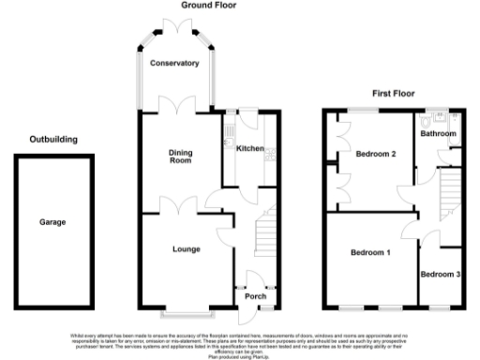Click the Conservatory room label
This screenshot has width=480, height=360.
(175, 63)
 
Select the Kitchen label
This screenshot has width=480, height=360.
(247, 149)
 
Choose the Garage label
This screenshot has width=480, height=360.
(52, 222)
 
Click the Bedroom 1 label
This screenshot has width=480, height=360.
(371, 252)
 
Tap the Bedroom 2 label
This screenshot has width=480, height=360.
(376, 154)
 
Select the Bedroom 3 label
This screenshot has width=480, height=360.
(440, 274)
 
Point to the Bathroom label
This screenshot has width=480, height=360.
(437, 134)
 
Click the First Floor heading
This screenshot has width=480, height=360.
(393, 96)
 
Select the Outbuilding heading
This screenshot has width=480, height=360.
(52, 140)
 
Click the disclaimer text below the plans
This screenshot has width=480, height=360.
(239, 343)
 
